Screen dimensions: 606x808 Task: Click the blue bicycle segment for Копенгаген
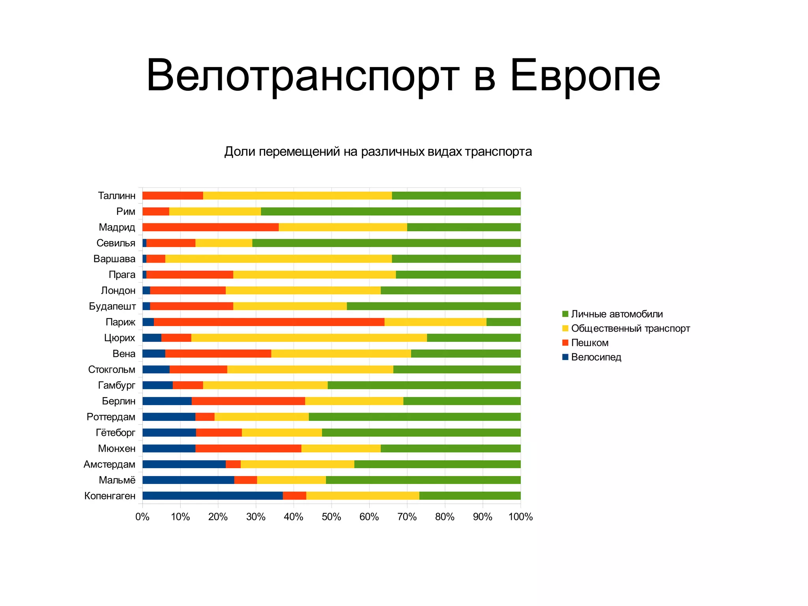(212, 495)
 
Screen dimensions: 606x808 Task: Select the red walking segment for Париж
(269, 322)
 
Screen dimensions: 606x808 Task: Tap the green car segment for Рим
(391, 211)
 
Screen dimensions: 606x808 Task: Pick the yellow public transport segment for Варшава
(279, 259)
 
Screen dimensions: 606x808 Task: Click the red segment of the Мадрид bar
(210, 227)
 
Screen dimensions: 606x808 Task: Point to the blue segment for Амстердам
(184, 464)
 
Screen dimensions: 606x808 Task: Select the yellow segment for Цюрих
(309, 338)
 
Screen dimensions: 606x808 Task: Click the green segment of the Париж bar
(503, 322)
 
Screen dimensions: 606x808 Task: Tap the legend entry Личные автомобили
(617, 314)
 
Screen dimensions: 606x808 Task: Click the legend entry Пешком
(589, 343)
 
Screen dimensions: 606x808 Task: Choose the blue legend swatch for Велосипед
(565, 357)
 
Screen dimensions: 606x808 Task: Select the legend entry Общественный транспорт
(630, 328)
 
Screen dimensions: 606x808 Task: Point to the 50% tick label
(331, 517)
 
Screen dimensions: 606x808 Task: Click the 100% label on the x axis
(520, 517)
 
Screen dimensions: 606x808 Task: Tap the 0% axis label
(142, 517)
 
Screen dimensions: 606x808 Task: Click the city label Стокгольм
(112, 370)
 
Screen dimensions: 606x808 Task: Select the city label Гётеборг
(115, 433)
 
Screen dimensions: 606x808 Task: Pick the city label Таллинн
(116, 196)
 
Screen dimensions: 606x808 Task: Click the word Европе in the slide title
(585, 76)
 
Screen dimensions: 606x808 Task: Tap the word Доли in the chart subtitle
(239, 152)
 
